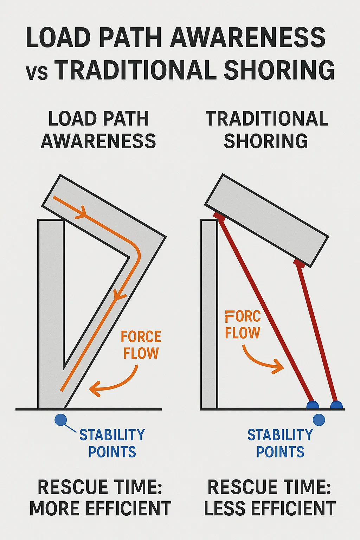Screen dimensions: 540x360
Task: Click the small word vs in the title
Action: click(37, 72)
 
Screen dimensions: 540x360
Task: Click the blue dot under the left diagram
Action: click(61, 420)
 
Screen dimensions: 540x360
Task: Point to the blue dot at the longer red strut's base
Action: click(313, 405)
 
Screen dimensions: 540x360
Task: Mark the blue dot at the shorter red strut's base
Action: click(336, 405)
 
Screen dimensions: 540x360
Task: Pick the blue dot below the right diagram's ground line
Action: click(319, 420)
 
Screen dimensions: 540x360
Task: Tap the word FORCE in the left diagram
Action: click(141, 337)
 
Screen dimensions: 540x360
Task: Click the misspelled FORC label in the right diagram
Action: click(243, 316)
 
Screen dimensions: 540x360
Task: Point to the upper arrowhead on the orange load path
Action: click(82, 212)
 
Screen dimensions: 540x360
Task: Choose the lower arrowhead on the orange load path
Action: click(119, 295)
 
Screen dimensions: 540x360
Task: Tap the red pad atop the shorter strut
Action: click(299, 262)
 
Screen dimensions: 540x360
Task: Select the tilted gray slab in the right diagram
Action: click(266, 220)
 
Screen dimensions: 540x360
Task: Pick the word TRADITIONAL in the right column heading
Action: click(267, 119)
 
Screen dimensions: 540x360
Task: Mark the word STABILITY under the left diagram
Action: click(112, 435)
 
